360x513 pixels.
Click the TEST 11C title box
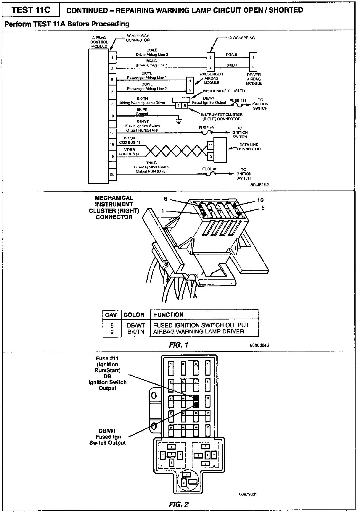tap(30, 10)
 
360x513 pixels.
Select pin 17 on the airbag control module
tap(112, 133)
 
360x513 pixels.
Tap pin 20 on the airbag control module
tap(112, 175)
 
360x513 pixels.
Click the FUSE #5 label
tap(210, 169)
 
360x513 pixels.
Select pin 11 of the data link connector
tap(210, 145)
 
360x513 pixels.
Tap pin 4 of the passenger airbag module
tap(190, 80)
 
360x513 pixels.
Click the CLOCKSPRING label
tap(242, 38)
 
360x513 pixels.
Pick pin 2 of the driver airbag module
tap(253, 67)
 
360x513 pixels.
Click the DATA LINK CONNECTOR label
tap(249, 147)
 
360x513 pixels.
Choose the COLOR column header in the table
tap(134, 315)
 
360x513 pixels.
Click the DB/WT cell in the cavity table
tap(136, 325)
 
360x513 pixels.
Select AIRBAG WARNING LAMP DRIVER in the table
tap(198, 332)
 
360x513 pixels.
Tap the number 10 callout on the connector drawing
tap(260, 200)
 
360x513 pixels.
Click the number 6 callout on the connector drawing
tap(166, 199)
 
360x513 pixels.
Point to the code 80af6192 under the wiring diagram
tap(259, 185)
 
